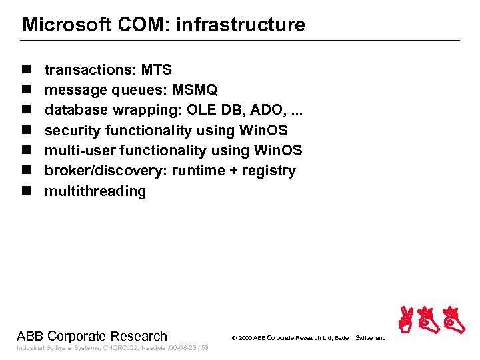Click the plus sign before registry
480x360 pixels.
point(233,171)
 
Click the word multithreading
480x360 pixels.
point(95,191)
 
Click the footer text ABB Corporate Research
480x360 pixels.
point(92,336)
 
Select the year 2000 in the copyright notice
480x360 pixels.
point(245,339)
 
